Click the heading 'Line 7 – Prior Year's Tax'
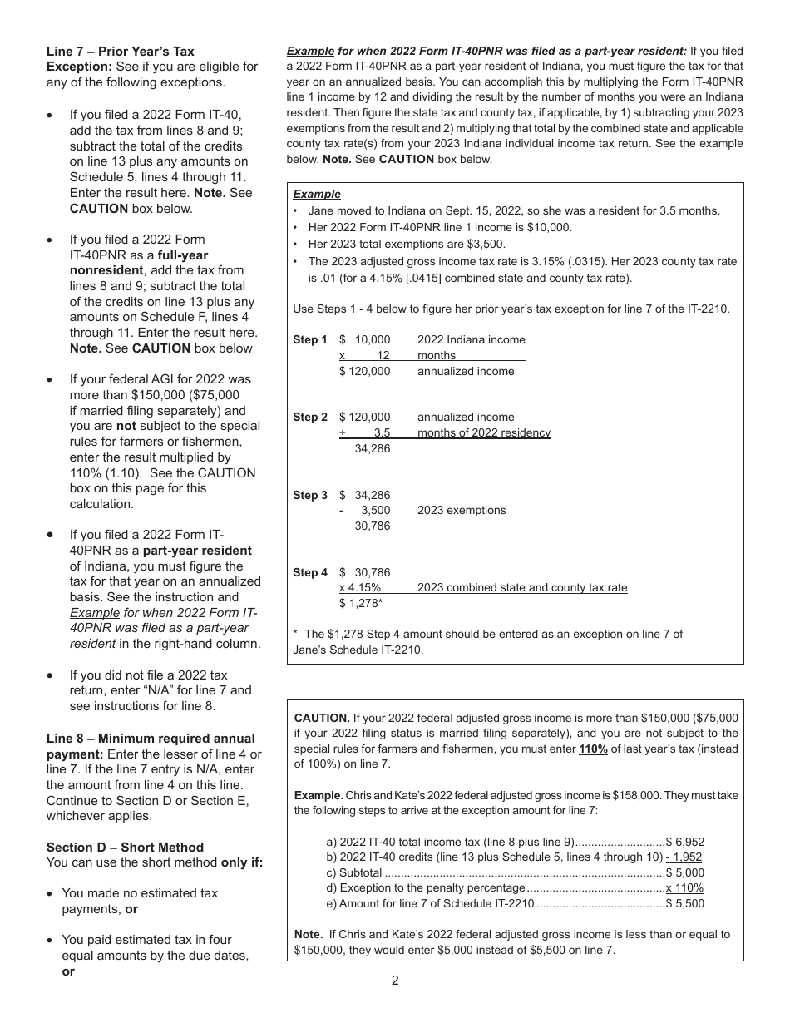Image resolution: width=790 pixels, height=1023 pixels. [120, 51]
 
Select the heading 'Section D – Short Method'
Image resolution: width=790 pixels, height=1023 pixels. [125, 847]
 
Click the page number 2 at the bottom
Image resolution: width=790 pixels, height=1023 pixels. [395, 980]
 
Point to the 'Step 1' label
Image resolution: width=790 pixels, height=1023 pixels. [310, 339]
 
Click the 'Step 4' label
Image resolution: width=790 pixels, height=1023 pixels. [310, 572]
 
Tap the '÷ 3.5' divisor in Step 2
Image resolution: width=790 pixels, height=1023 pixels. [364, 432]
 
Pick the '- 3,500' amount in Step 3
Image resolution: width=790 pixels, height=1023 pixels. [364, 510]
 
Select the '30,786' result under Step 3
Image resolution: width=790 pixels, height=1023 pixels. [372, 526]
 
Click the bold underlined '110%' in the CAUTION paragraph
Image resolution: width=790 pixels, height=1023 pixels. [593, 749]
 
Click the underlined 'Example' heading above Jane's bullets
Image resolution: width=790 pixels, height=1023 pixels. [317, 194]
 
